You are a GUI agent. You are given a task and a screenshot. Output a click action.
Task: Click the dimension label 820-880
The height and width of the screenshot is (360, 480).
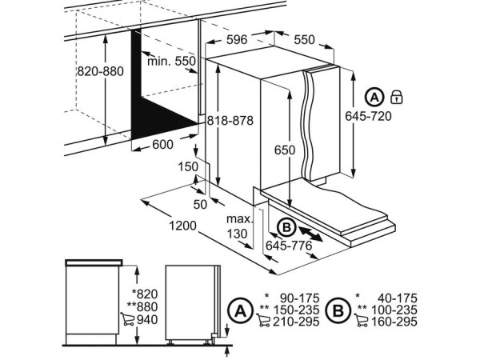coord(100,71)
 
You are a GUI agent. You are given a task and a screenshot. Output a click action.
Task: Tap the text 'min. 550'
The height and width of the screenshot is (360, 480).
coord(171,61)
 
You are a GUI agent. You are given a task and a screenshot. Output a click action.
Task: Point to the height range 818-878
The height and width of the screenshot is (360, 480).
coord(230,121)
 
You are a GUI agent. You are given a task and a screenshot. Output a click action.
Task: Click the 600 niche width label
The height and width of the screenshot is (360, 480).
coord(162,144)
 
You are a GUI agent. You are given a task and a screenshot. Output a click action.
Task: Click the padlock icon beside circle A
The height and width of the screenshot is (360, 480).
coord(395,98)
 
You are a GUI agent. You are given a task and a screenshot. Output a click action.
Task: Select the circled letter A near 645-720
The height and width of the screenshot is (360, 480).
coord(374,98)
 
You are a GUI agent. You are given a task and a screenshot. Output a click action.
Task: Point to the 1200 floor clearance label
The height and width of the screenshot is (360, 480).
coord(182,226)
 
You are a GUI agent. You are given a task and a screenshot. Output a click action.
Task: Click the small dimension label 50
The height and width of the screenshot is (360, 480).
coord(199,204)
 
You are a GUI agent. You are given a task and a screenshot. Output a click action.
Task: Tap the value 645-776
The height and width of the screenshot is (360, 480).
coord(289,245)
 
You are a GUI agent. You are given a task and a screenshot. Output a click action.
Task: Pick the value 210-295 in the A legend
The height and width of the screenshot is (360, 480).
coord(294,322)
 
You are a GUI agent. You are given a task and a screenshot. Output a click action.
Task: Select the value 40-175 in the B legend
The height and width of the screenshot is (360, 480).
coord(396,297)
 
